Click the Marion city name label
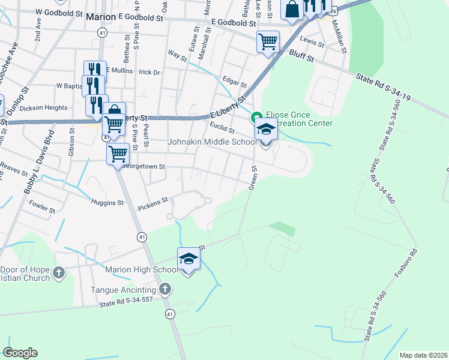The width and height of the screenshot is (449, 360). point(101,17)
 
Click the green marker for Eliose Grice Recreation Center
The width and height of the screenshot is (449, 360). point(257,116)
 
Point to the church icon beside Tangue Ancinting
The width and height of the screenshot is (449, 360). point(166,290)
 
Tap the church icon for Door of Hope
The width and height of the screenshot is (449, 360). point(58,273)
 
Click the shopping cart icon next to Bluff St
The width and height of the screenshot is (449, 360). point(267,42)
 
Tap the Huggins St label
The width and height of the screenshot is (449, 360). point(107,203)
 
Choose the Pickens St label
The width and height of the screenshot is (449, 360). point(153,205)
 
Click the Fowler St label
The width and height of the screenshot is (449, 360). point(42,211)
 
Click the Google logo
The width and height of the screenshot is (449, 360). point(20,353)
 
